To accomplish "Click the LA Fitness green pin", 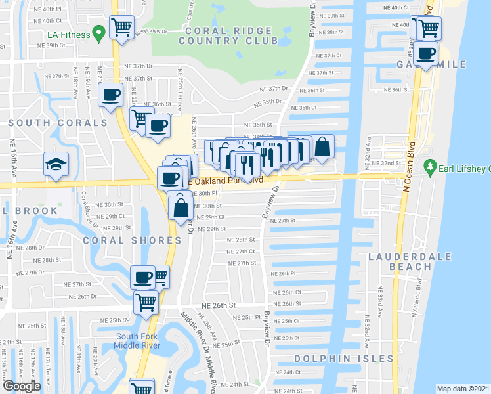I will coord(99,31).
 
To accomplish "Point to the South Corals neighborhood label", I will coord(58,123).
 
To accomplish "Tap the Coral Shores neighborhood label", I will coord(131,240).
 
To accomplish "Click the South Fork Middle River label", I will coord(136,341).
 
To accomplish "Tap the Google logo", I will coord(21,386).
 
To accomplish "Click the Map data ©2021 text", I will coord(463,389).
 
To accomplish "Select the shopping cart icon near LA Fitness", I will coord(121,28).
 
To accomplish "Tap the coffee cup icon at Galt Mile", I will coord(427,53).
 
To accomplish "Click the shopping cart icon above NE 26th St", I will coord(146,303).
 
